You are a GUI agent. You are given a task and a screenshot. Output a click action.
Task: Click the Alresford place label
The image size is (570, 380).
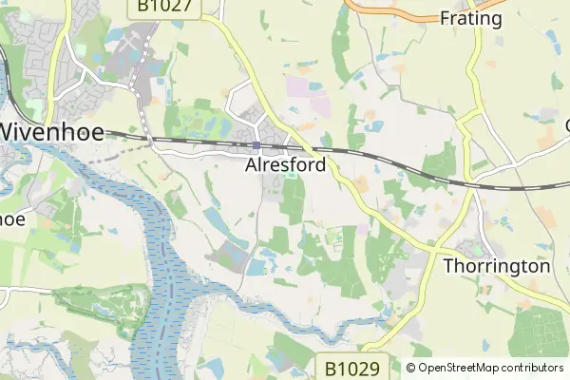pos(285,165)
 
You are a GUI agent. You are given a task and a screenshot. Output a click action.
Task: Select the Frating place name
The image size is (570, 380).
pos(471,17)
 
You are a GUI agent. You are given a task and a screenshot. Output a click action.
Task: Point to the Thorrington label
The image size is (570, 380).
pos(497,266)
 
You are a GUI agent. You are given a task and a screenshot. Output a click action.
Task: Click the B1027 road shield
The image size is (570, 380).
pos(164,7)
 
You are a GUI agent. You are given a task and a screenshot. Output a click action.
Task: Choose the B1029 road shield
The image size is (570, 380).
pos(351,367)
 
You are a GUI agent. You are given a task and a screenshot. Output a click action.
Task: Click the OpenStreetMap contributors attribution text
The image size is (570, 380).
pos(484,368)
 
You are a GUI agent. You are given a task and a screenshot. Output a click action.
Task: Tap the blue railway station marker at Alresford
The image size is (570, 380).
pos(256,145)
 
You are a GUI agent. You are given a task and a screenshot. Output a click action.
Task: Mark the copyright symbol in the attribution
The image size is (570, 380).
pos(410,368)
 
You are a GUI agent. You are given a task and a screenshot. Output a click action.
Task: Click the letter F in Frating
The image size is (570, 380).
pos(446,17)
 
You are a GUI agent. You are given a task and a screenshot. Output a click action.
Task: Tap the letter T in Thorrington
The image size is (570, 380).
pos(449,266)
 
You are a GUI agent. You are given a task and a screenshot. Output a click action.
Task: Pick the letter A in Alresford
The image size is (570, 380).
pos(252,165)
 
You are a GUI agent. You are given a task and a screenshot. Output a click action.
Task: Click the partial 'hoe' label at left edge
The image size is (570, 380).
pos(12,218)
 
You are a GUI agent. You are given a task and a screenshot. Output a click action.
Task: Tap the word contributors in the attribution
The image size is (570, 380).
pos(531,368)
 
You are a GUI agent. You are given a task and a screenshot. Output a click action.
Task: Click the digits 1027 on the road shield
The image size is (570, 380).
pos(172,7)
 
